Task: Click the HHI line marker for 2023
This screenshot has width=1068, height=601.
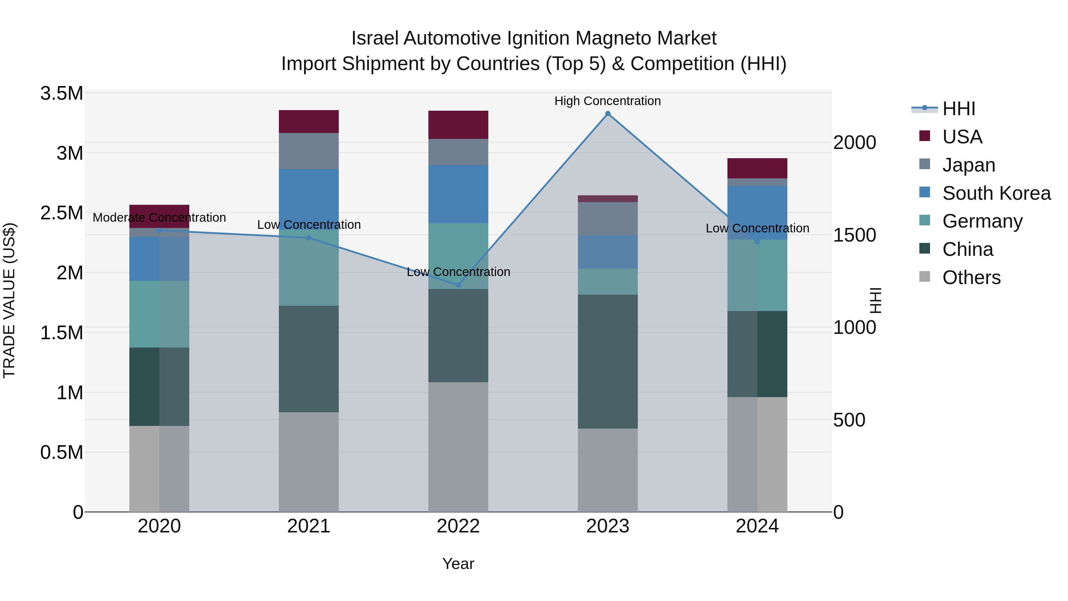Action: pyautogui.click(x=607, y=114)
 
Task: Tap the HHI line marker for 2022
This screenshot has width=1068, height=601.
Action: pyautogui.click(x=458, y=285)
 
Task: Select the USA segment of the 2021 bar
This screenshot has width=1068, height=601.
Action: pyautogui.click(x=309, y=121)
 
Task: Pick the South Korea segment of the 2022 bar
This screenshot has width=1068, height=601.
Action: pyautogui.click(x=458, y=194)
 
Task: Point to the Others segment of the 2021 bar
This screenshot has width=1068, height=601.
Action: pyautogui.click(x=309, y=462)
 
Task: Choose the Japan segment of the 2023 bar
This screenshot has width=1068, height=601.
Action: pyautogui.click(x=607, y=218)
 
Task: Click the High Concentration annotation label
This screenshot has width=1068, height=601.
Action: pyautogui.click(x=607, y=101)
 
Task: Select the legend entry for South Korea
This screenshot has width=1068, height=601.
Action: pyautogui.click(x=996, y=193)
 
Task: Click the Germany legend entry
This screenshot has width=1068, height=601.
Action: pyautogui.click(x=982, y=221)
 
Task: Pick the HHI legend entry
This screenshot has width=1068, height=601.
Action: pyautogui.click(x=959, y=109)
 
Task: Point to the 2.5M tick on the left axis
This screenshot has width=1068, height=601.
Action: pyautogui.click(x=62, y=213)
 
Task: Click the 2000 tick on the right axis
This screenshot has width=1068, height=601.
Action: pyautogui.click(x=854, y=143)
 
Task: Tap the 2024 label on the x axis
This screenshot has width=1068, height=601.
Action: pyautogui.click(x=757, y=526)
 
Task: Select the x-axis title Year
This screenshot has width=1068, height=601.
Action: pyautogui.click(x=458, y=564)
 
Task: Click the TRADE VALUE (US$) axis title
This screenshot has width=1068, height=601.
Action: pyautogui.click(x=9, y=300)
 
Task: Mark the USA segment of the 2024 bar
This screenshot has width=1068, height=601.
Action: pyautogui.click(x=757, y=168)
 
